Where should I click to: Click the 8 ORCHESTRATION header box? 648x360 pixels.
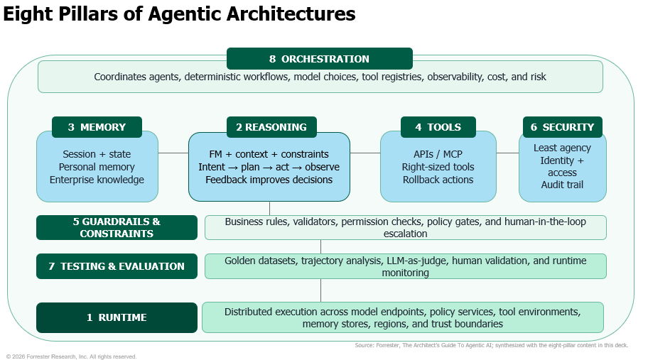point(320,59)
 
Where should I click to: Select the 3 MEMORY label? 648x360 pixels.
point(97,127)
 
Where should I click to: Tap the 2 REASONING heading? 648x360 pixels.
point(271,127)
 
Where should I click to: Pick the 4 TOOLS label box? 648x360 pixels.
point(438,127)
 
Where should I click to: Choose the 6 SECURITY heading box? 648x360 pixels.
point(563,127)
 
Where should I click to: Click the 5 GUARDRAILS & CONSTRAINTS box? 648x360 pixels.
point(117,227)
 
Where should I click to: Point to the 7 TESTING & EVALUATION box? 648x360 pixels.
point(117,266)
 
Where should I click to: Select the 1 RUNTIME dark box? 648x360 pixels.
point(117,317)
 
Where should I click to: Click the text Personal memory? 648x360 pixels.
point(97,167)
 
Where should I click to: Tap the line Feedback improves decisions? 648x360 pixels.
point(269,180)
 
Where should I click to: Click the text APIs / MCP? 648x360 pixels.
point(438,154)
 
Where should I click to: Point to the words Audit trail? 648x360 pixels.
point(562,185)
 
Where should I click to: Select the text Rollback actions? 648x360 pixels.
point(438,180)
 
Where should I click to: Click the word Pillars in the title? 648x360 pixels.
point(88,13)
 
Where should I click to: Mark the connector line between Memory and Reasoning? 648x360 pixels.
point(173,153)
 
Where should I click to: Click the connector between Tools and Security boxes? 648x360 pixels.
point(507,153)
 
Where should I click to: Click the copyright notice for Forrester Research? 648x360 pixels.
point(71,356)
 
